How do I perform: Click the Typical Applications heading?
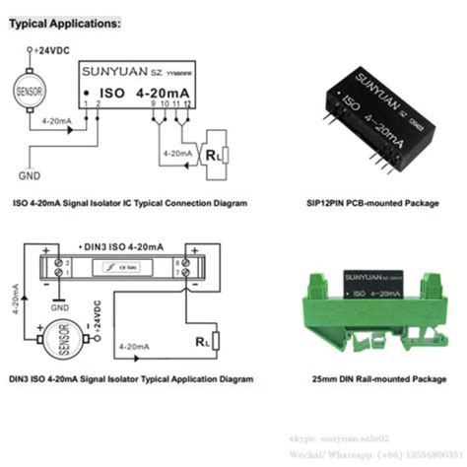[66, 22]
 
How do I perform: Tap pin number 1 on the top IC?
[87, 104]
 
